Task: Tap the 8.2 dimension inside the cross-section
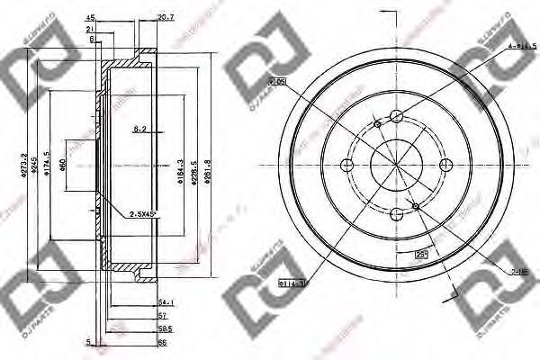[139, 130]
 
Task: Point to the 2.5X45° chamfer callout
[143, 213]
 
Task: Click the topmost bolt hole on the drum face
[395, 115]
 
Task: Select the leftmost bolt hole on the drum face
[346, 165]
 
